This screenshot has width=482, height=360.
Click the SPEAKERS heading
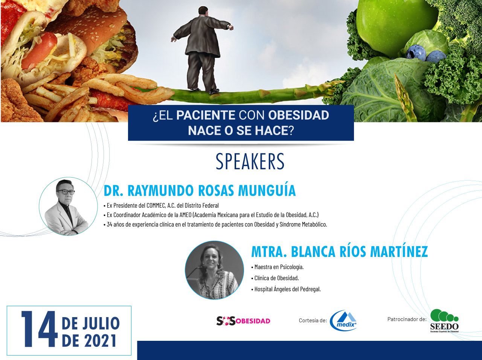coord(250,161)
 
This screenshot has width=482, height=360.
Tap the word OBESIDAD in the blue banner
coord(298,115)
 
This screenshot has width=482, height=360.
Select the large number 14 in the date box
coord(40,329)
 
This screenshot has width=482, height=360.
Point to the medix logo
coord(343,321)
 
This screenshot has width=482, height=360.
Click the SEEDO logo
coord(444,321)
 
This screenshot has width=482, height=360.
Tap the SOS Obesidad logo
coord(243,321)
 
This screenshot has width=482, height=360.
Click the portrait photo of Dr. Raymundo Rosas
coord(68,207)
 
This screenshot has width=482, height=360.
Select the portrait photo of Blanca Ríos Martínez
coord(214,270)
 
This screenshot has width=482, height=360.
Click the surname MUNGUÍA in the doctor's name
coord(267,190)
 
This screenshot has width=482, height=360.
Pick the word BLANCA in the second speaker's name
coord(313,252)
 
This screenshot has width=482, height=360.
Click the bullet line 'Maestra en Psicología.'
coord(278,267)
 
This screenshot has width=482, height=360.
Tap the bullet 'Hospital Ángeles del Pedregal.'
coord(286,289)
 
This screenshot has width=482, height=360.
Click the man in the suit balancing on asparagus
coord(202,50)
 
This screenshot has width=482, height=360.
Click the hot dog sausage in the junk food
coord(39,50)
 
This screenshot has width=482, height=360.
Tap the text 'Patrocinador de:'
coord(407,319)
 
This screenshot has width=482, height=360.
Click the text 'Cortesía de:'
coord(313,321)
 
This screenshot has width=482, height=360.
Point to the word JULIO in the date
coord(101,324)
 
